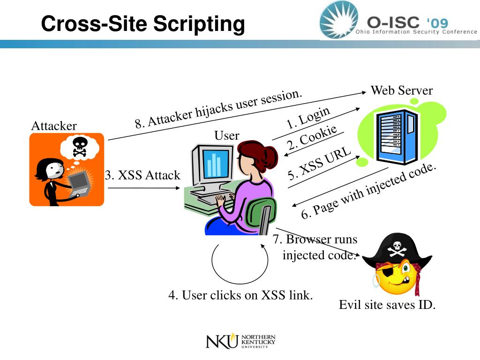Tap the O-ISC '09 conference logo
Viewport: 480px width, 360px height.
pos(398,21)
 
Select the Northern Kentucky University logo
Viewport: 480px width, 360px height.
pos(240,341)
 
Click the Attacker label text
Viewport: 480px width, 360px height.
pos(53,126)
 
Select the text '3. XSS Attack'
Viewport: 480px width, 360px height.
pos(142,175)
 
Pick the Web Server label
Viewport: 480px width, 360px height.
pos(401,90)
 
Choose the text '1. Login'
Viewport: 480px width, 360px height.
pos(308,118)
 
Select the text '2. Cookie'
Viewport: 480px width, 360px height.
pos(313,138)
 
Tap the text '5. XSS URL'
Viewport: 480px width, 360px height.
pos(320,164)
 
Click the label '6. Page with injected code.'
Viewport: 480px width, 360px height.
pos(369,191)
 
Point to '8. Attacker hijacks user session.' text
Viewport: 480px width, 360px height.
pos(218,109)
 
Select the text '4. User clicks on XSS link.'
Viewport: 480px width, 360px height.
pos(240,295)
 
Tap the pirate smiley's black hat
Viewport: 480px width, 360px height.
pos(397,249)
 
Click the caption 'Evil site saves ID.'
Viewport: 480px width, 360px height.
pos(387,305)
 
